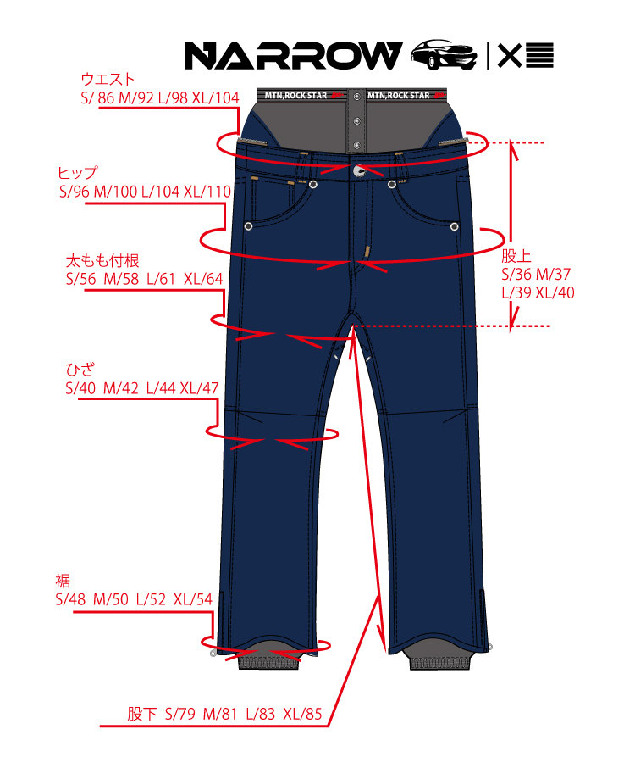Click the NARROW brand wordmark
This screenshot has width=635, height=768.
point(293,56)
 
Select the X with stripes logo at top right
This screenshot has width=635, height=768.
point(525,56)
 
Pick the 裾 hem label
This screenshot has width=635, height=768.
point(62,582)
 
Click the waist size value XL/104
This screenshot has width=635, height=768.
point(216,97)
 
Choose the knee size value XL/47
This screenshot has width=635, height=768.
point(199,388)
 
